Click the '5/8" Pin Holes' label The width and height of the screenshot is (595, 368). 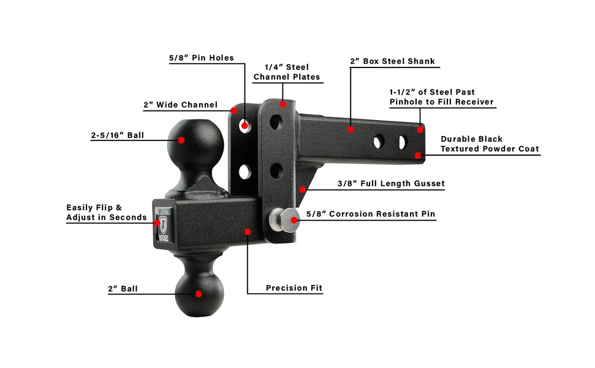[202, 58]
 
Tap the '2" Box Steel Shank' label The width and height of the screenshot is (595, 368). [392, 61]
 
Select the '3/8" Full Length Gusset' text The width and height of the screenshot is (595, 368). [391, 183]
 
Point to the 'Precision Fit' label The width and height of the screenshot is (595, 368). [294, 288]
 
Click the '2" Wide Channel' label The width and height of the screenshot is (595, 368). [180, 105]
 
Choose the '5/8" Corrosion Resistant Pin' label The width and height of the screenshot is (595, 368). [370, 214]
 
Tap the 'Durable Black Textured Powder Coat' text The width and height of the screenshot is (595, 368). [490, 144]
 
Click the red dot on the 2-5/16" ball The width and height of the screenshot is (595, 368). [181, 140]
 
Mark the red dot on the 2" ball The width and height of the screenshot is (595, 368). [199, 294]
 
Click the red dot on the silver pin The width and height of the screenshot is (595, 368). [294, 220]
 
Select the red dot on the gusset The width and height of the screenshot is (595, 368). [302, 190]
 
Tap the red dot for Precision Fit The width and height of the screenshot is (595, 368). [248, 232]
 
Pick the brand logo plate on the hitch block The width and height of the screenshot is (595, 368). [164, 226]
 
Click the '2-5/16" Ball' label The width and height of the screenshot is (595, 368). [117, 135]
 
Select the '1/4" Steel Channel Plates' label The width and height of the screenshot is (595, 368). [287, 72]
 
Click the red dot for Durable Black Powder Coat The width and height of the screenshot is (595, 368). [418, 155]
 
